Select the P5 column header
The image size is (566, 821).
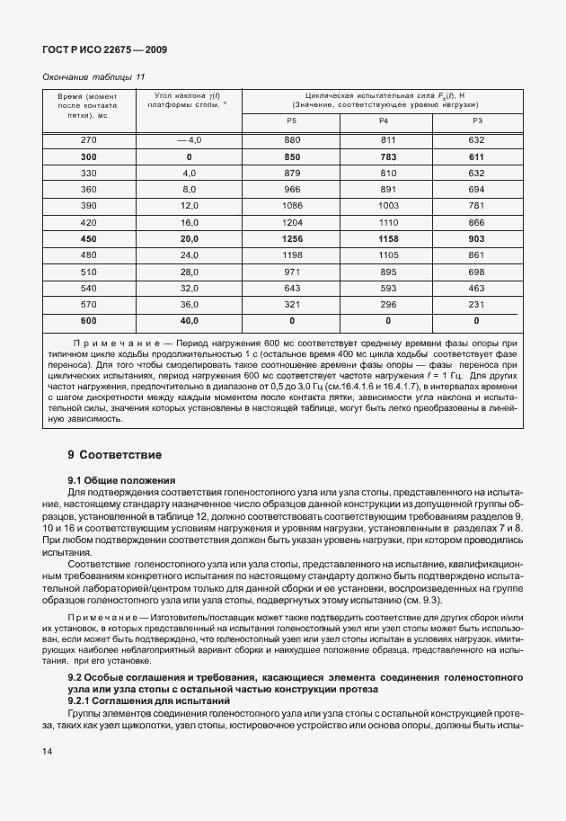click(x=291, y=120)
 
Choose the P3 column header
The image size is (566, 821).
click(x=476, y=120)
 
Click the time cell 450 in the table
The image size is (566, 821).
click(x=88, y=238)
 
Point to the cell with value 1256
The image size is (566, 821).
click(x=291, y=238)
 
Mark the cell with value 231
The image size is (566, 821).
click(x=476, y=303)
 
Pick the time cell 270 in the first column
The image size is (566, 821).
click(x=88, y=140)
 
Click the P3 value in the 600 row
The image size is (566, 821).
click(x=476, y=319)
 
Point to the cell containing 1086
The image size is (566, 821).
click(x=291, y=206)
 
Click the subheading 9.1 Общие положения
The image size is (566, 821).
click(x=121, y=480)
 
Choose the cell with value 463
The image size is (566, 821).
click(x=476, y=287)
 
